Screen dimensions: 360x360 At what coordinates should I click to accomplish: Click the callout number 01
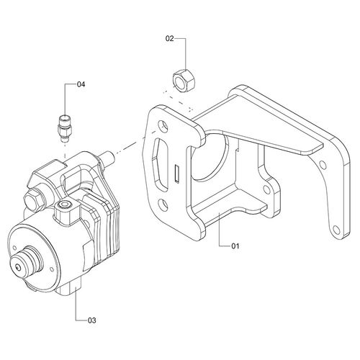pyautogui.click(x=235, y=246)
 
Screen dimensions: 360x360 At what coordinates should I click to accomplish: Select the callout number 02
pyautogui.click(x=169, y=38)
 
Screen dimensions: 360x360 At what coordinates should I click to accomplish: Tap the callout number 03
pyautogui.click(x=91, y=320)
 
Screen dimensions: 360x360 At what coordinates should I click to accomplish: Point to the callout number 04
pyautogui.click(x=81, y=84)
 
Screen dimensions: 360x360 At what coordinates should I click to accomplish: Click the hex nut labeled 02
pyautogui.click(x=184, y=80)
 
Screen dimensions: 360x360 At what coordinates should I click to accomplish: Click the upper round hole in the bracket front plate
pyautogui.click(x=163, y=126)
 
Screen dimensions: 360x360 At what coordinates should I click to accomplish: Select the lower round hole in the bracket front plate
pyautogui.click(x=163, y=204)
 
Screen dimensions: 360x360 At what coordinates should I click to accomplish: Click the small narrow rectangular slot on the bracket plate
pyautogui.click(x=177, y=174)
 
